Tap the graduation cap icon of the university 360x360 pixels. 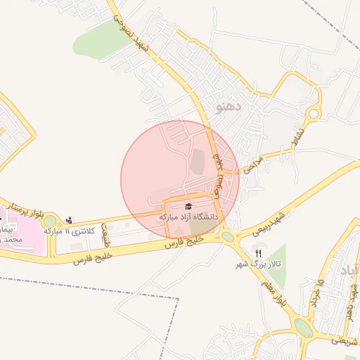point(188,206)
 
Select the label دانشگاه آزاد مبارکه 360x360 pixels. point(189,217)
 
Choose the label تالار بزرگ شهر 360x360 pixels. point(258,264)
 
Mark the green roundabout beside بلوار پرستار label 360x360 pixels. point(50,222)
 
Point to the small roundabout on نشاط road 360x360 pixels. point(314,112)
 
